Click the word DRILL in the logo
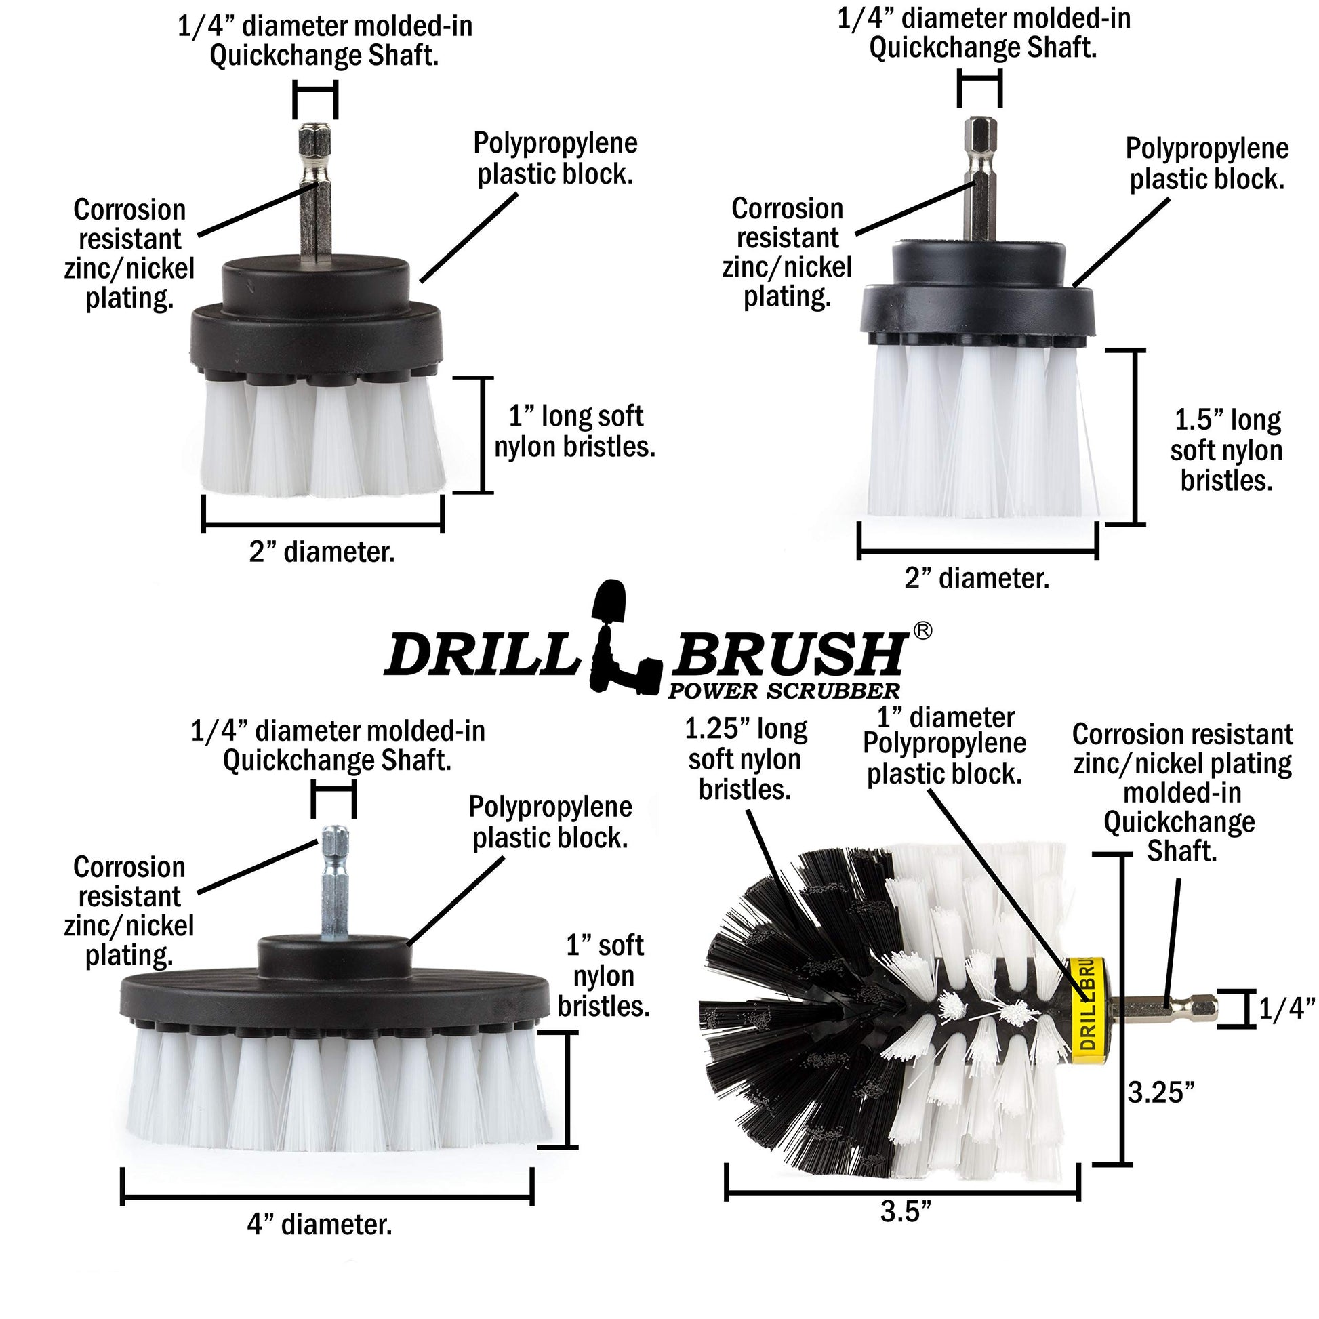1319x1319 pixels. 478,654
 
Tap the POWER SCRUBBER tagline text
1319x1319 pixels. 784,691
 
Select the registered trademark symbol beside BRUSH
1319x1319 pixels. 922,632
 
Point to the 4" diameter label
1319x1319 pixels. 319,1244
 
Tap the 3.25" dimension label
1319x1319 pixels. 1160,1093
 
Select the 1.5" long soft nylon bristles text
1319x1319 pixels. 1226,450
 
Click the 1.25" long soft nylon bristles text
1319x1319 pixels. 746,759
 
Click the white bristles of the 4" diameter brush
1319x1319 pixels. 335,1086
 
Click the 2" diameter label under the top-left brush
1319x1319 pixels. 321,552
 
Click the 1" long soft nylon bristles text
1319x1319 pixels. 575,431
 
